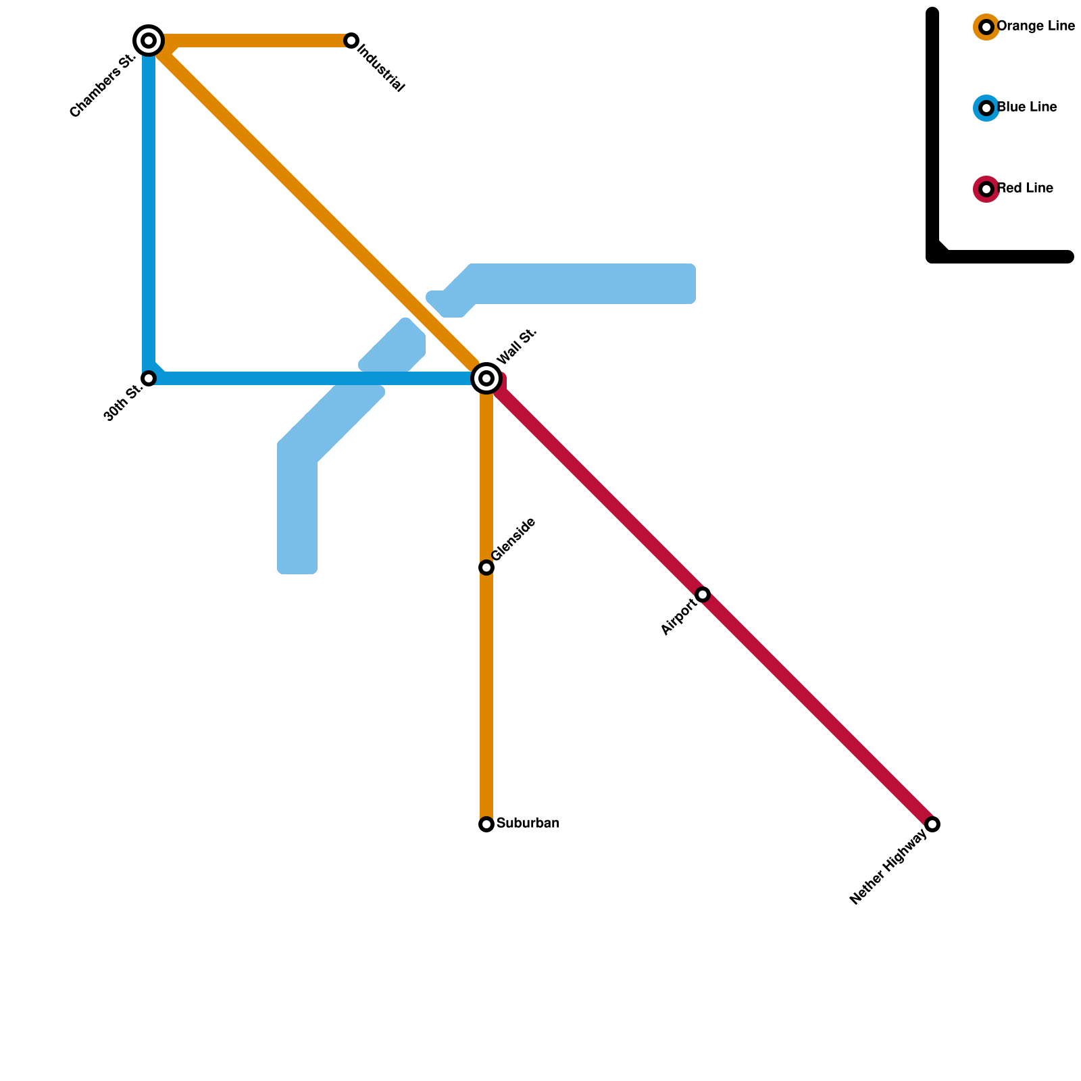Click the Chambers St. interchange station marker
(149, 41)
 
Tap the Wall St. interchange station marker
(486, 378)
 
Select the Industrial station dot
(351, 41)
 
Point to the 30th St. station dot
(149, 378)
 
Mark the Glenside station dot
(486, 568)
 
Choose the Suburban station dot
(486, 824)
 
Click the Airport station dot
(703, 595)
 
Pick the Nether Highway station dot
(932, 824)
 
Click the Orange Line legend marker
(986, 27)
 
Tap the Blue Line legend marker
(986, 108)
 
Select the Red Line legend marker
(986, 189)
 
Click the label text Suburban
(528, 824)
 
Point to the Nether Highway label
(888, 868)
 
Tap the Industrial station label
(381, 68)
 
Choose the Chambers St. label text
(103, 86)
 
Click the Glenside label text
(513, 539)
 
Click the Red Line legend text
(1026, 188)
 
